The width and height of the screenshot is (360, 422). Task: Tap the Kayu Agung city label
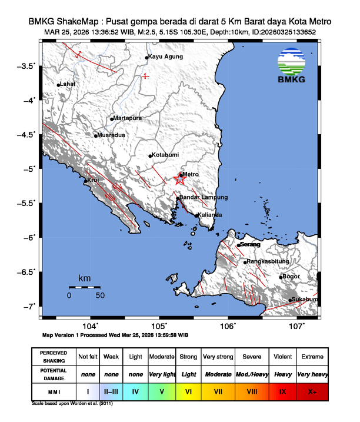[165, 57]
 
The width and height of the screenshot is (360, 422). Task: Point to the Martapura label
[128, 118]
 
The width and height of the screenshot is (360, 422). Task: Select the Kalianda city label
[209, 215]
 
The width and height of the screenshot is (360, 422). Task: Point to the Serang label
[251, 244]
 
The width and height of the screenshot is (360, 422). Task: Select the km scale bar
[84, 287]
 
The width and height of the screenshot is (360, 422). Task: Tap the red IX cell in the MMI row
[282, 390]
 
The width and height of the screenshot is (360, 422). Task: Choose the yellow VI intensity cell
[189, 390]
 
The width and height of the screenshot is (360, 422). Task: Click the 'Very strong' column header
[218, 357]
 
